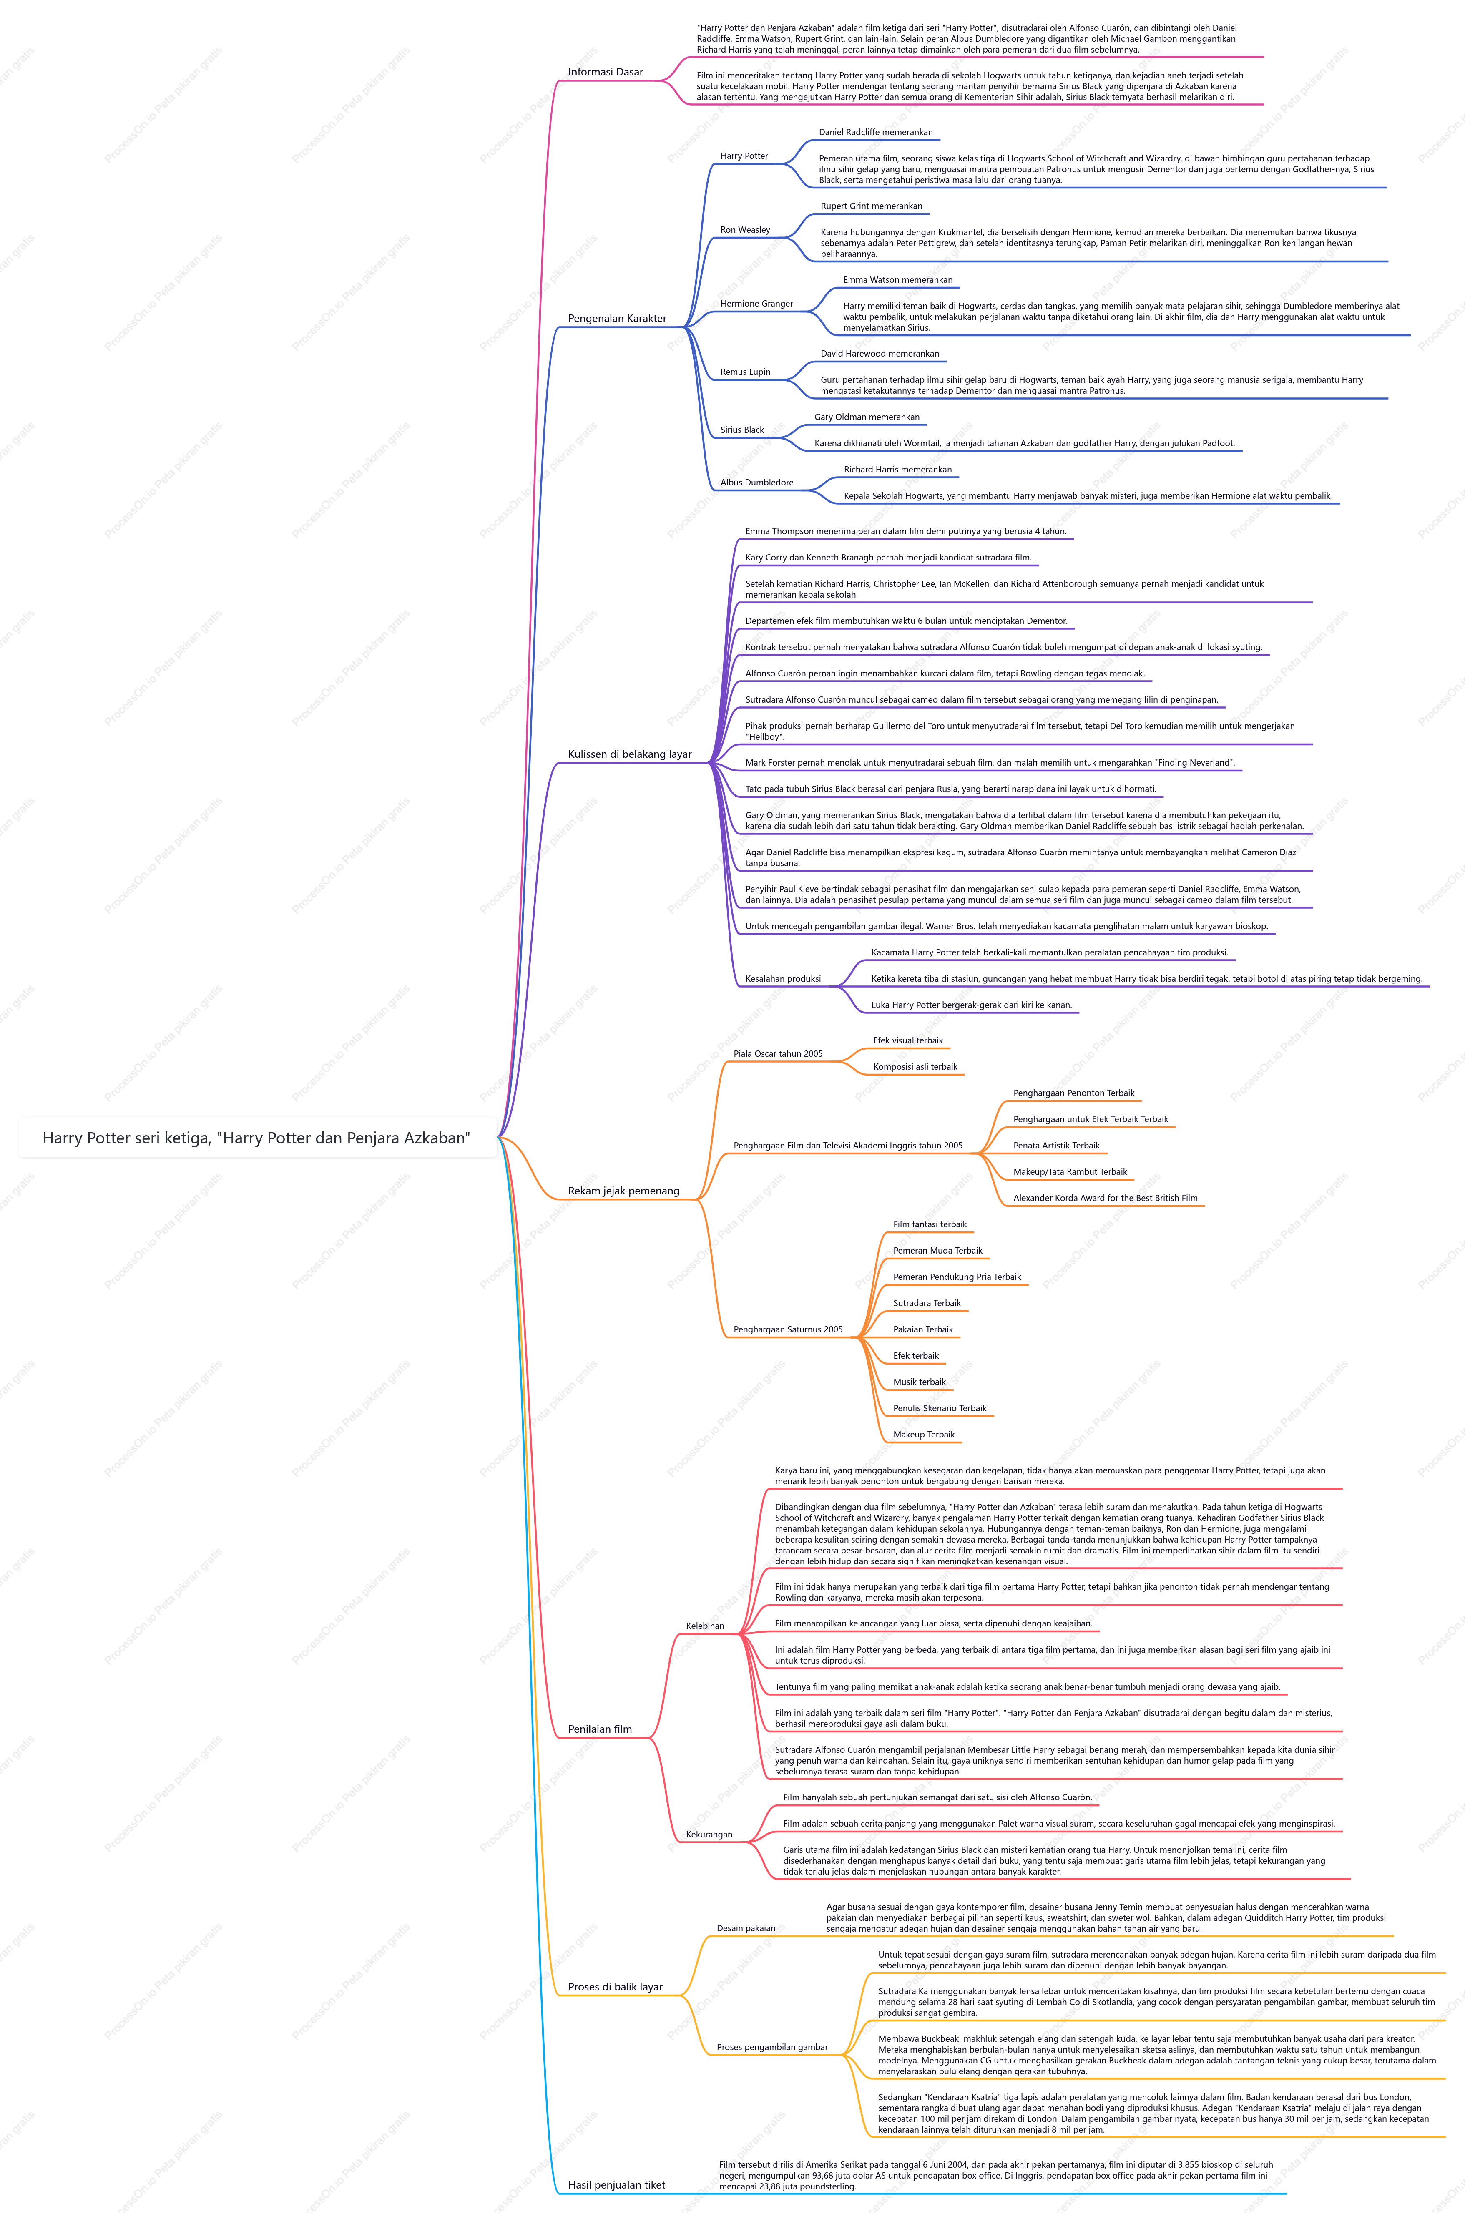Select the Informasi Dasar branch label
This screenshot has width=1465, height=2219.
pos(606,72)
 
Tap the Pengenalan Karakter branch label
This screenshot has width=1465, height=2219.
pos(617,319)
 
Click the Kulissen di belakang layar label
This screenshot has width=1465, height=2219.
pos(630,754)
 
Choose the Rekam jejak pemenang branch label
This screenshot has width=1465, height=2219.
pos(623,1191)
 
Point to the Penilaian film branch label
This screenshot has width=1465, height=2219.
pos(600,1729)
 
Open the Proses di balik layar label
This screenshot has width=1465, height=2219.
pos(615,1987)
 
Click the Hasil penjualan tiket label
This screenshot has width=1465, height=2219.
pos(617,2185)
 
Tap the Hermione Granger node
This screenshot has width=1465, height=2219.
pos(757,304)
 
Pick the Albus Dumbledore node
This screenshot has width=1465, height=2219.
pos(757,483)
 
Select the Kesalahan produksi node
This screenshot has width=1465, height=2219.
pos(783,979)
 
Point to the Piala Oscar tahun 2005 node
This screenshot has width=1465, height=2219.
pos(778,1054)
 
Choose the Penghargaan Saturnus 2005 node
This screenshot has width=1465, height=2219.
pos(788,1329)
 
